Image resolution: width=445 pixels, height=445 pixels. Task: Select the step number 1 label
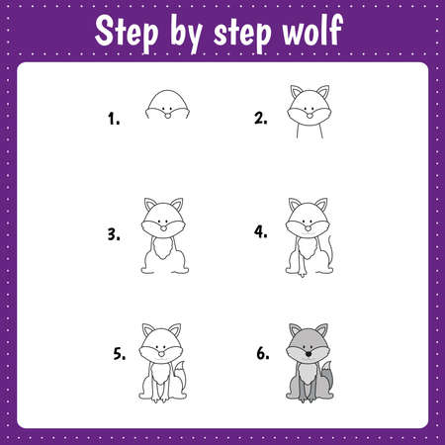click(x=115, y=119)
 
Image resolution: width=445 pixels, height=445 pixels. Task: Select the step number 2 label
click(x=260, y=119)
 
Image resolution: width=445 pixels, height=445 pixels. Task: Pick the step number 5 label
click(x=119, y=354)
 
